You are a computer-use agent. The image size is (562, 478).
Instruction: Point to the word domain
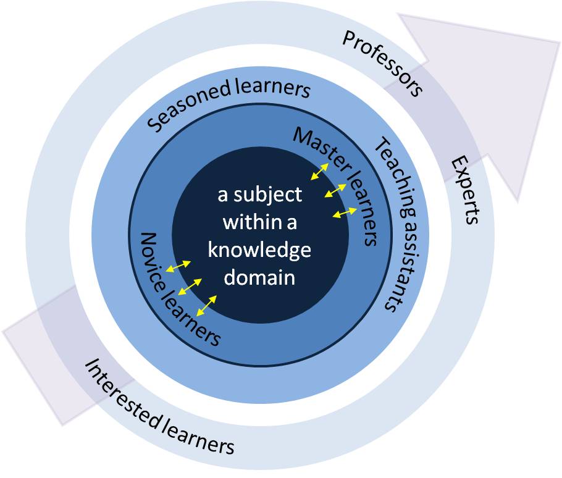coord(259,277)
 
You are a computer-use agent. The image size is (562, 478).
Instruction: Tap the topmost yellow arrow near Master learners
coord(319,171)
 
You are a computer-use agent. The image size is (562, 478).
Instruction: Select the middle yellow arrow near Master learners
coord(335,191)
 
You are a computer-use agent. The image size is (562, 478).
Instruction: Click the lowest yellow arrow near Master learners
coord(345,213)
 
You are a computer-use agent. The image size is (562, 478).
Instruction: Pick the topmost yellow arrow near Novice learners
coord(180,266)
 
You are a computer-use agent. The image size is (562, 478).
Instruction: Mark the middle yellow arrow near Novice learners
coord(190,287)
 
